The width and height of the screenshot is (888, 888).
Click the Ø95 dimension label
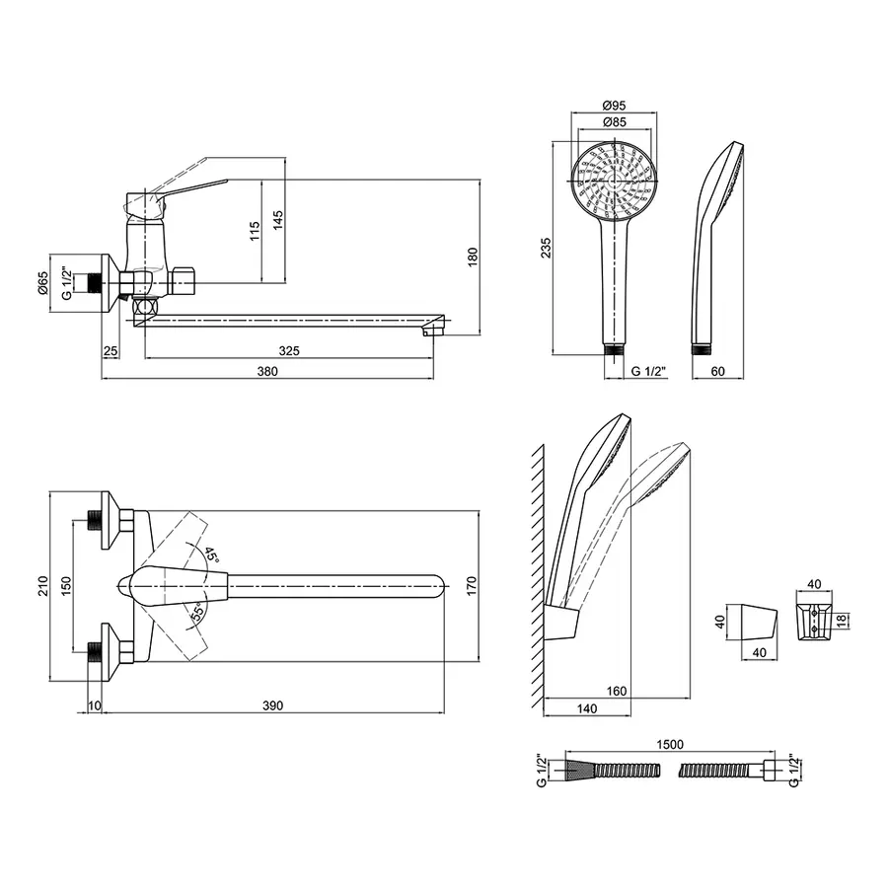coord(614,106)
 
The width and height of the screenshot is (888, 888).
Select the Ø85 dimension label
coord(614,121)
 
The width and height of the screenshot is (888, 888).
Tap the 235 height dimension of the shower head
coord(546,248)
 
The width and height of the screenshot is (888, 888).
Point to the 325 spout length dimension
coord(289,351)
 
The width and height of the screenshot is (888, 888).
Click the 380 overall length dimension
coord(267,372)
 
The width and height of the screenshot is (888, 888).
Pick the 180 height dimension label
coord(473,257)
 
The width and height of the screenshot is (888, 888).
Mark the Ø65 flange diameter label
coord(43,282)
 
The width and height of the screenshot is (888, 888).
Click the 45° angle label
coord(211,554)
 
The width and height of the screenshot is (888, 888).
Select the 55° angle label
coord(197,614)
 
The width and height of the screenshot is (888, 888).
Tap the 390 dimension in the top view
coord(272,705)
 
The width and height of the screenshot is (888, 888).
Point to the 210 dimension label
coord(43,585)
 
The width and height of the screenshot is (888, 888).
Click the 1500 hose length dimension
coord(670,744)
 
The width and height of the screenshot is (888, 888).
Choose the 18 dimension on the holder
coord(843,620)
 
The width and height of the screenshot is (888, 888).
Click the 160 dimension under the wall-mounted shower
coord(616,691)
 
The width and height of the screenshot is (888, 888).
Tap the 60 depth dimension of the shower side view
coord(717,372)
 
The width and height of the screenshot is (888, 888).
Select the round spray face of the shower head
coord(614,181)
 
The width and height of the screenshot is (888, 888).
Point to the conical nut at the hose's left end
coord(579,771)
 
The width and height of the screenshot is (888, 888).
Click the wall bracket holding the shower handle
coord(562,622)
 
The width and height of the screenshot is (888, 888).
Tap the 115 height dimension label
coord(255,231)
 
